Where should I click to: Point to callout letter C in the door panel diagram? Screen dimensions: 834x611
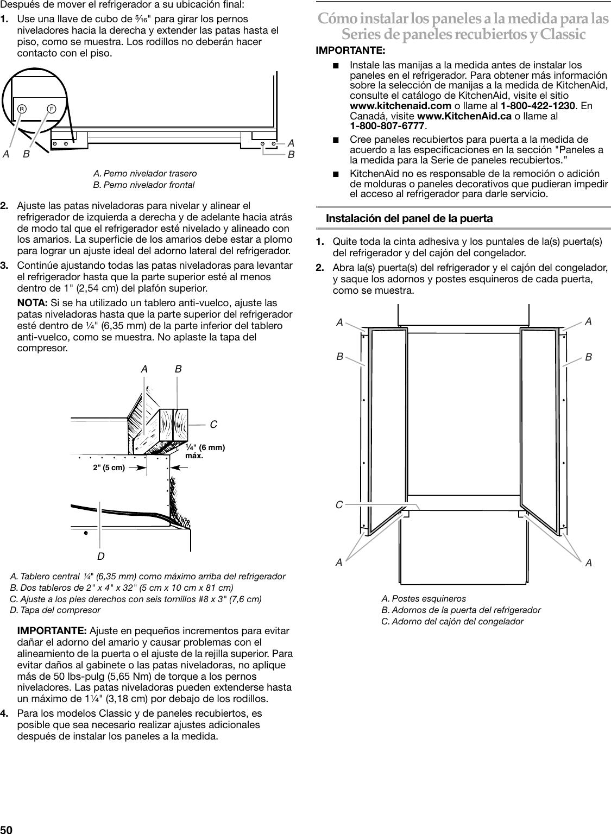pos(339,505)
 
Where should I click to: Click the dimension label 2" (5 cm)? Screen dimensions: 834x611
pos(109,467)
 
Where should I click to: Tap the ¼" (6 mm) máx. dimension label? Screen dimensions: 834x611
pos(205,451)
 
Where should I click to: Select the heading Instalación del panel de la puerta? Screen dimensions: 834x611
pos(409,218)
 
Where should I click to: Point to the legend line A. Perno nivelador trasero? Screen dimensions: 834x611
pos(145,173)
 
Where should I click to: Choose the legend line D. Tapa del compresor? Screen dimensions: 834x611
pos(55,610)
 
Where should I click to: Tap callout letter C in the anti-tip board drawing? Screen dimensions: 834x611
pos(213,424)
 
